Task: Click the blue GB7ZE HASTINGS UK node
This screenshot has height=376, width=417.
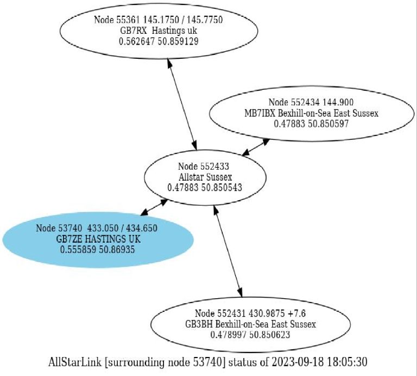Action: [x=98, y=240]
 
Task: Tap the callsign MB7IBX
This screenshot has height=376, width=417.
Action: [x=260, y=113]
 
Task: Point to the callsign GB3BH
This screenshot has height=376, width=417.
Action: [x=199, y=324]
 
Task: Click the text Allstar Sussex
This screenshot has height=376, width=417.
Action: [x=205, y=177]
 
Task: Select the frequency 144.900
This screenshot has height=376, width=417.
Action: [x=338, y=102]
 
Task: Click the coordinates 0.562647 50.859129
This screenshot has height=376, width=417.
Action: [x=159, y=41]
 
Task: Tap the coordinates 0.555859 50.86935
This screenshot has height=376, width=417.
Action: [x=97, y=250]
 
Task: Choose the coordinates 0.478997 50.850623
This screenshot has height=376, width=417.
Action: [x=250, y=335]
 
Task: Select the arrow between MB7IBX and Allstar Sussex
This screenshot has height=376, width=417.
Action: [x=256, y=147]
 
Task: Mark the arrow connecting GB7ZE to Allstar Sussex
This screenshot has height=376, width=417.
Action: [x=154, y=207]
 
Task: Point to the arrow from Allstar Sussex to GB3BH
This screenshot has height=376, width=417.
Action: [x=228, y=251]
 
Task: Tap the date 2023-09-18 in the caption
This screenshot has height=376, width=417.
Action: [x=298, y=362]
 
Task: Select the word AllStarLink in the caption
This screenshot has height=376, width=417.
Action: [x=75, y=362]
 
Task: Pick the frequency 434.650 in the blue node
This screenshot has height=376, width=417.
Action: [x=142, y=228]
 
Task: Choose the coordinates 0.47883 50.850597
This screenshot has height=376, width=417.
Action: [x=311, y=124]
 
